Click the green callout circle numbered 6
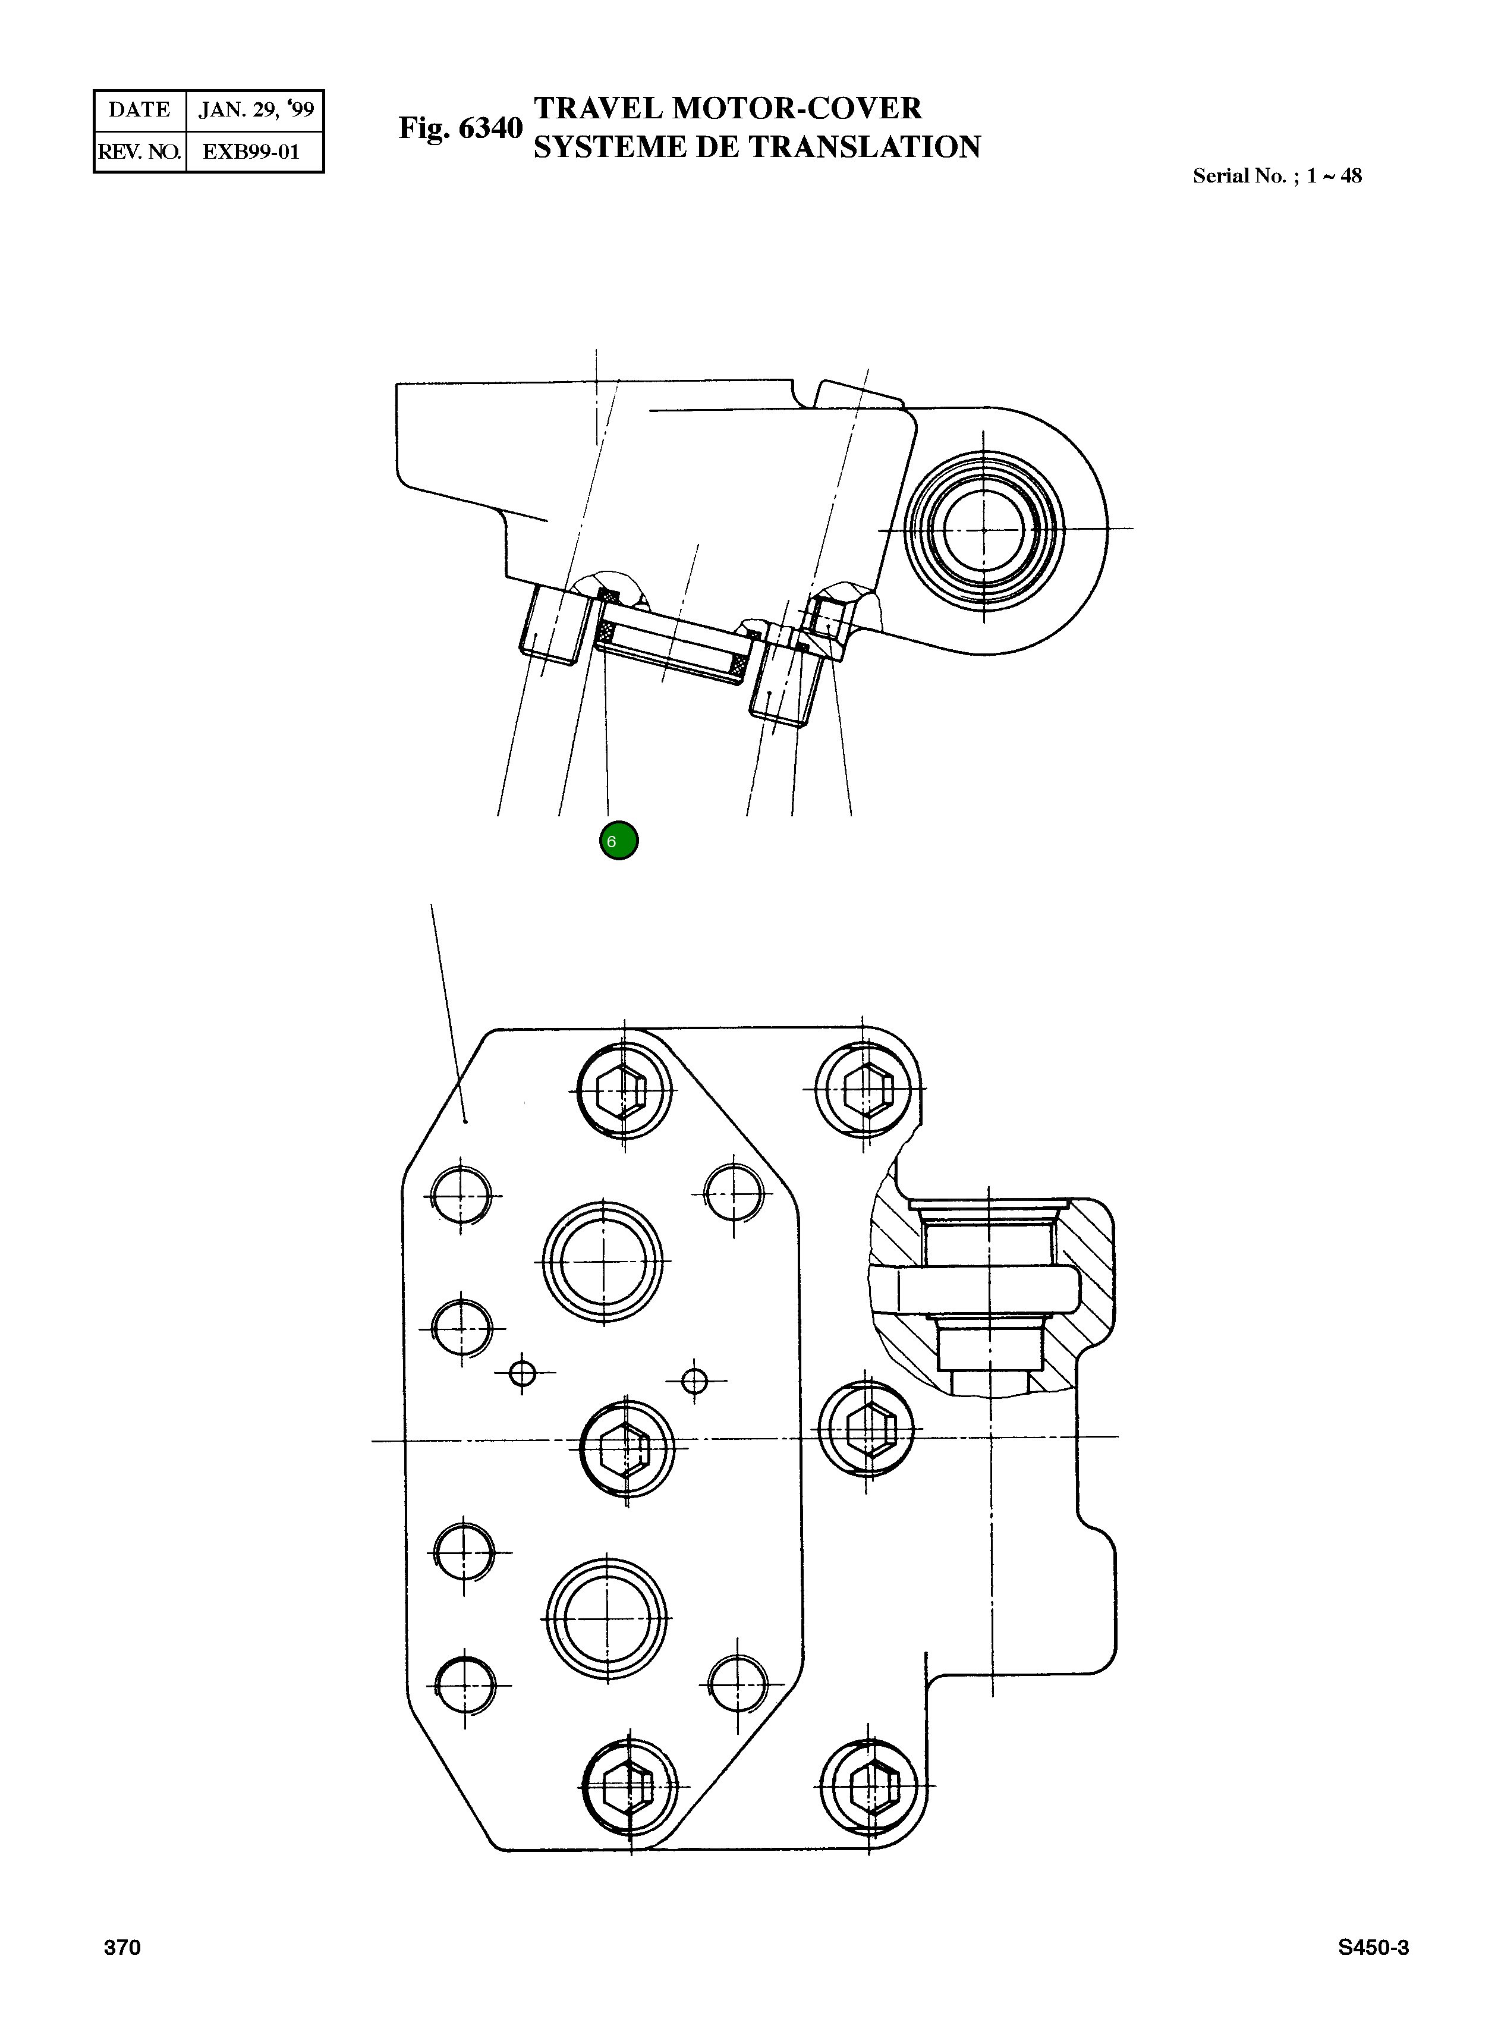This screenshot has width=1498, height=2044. coord(618,841)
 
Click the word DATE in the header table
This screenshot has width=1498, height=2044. coord(139,110)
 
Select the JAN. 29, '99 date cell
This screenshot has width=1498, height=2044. coord(256,110)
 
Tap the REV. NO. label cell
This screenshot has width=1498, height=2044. coord(139,152)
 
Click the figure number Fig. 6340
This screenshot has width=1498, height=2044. coord(461,128)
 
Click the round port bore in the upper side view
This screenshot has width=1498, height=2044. coord(984,529)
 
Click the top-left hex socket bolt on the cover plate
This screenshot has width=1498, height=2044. coord(624,1090)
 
